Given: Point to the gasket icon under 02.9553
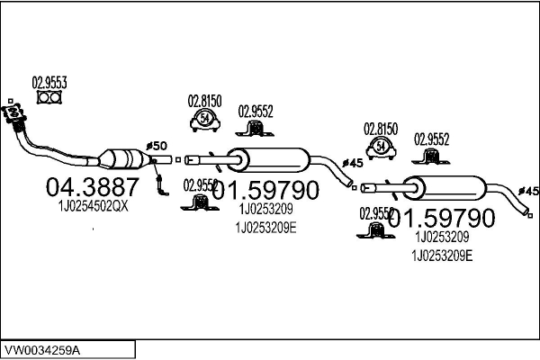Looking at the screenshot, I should (50, 98).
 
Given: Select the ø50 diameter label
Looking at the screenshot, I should (156, 146).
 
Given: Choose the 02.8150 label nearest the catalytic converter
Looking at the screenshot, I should (205, 102).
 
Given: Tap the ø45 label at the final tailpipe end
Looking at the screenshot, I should (529, 191).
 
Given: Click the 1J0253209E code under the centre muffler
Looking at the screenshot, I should (265, 228).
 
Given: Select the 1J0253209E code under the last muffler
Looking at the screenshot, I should (441, 256).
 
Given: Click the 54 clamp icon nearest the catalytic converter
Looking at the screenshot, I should (206, 120).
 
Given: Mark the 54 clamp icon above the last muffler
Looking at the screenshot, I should (382, 146).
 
